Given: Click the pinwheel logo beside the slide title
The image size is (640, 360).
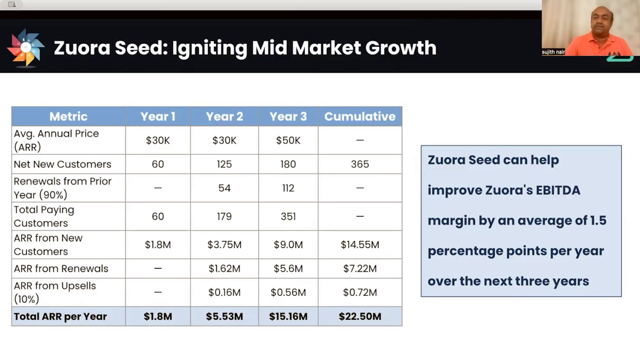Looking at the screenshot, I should point(26,48).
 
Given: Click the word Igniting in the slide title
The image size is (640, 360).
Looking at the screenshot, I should point(209,48).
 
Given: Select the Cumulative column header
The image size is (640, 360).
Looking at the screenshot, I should point(360,116).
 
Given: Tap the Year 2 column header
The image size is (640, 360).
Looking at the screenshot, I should point(224,116).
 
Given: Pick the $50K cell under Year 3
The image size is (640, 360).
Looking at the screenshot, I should point(288,140).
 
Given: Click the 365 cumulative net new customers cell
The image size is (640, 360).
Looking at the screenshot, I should point(360,164).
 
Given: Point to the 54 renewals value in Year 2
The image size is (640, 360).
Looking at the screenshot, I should point(224,188).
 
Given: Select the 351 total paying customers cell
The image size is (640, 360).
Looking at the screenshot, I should point(288,216).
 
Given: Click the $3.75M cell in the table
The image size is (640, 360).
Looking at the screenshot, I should point(224,245).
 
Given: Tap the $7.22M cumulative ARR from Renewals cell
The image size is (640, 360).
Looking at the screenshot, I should point(360,268).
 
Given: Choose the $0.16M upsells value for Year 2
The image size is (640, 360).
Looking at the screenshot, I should point(224,292).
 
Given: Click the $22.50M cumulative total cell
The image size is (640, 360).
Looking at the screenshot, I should point(360,316).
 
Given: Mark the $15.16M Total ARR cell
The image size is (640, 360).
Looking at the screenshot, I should point(288,316).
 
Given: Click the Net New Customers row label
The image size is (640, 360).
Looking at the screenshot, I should point(62,164).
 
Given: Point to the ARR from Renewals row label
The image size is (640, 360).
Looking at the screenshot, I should point(61,268).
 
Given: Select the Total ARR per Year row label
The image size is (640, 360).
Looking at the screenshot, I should point(60,316).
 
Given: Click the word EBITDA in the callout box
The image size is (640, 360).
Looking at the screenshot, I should point(558,190).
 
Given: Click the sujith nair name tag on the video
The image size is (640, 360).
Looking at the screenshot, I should point(553,52).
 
